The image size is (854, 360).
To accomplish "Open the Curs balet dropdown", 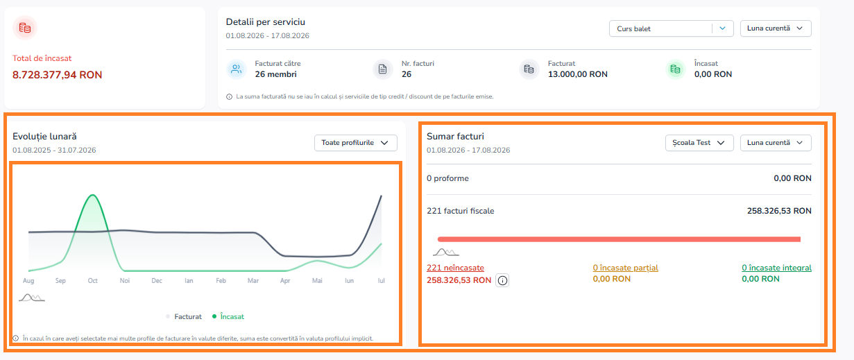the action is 671,28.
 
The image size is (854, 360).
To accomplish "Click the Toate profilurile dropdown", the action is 355,143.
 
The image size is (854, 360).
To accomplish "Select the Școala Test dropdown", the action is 699,143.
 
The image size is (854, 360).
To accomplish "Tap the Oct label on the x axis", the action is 93,281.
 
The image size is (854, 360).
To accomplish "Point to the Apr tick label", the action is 285,281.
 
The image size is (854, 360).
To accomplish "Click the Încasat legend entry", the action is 228,316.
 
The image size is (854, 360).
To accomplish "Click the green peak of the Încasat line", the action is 93,195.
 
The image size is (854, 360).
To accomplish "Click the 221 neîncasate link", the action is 455,268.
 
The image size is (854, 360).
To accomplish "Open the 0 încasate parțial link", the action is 625,268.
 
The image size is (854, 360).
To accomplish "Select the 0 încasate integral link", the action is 776,268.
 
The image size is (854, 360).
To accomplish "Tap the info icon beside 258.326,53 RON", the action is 502,281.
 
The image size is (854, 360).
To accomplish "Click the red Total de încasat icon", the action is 25,28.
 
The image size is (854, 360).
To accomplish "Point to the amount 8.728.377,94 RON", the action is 57,75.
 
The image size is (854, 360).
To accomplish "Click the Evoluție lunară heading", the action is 44,136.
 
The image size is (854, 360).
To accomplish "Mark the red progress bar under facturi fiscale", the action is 619,239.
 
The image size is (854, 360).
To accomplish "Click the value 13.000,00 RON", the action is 578,74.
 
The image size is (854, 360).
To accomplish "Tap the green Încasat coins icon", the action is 675,69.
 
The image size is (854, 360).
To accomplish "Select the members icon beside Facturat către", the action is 237,69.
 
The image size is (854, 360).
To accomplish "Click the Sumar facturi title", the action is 455,136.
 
